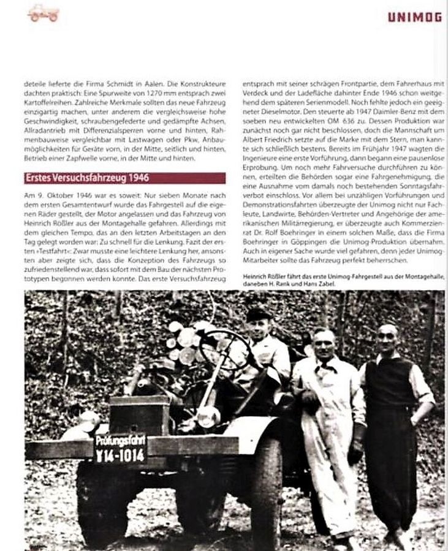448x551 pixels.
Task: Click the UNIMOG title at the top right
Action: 414,17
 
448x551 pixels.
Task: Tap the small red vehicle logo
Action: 44,13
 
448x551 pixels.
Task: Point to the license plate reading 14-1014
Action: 120,455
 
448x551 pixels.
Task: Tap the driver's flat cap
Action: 257,313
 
